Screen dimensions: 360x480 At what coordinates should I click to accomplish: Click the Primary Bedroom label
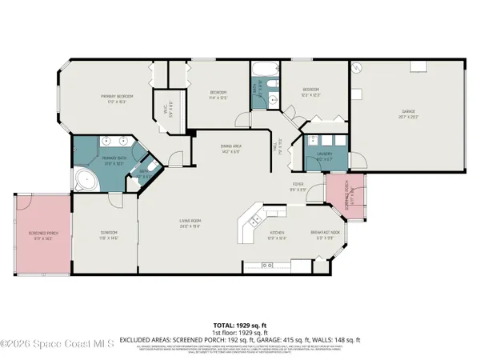click(117, 98)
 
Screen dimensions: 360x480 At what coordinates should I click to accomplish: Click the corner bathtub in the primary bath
click(86, 180)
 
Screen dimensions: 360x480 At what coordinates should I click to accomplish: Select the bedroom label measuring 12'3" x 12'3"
click(311, 91)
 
